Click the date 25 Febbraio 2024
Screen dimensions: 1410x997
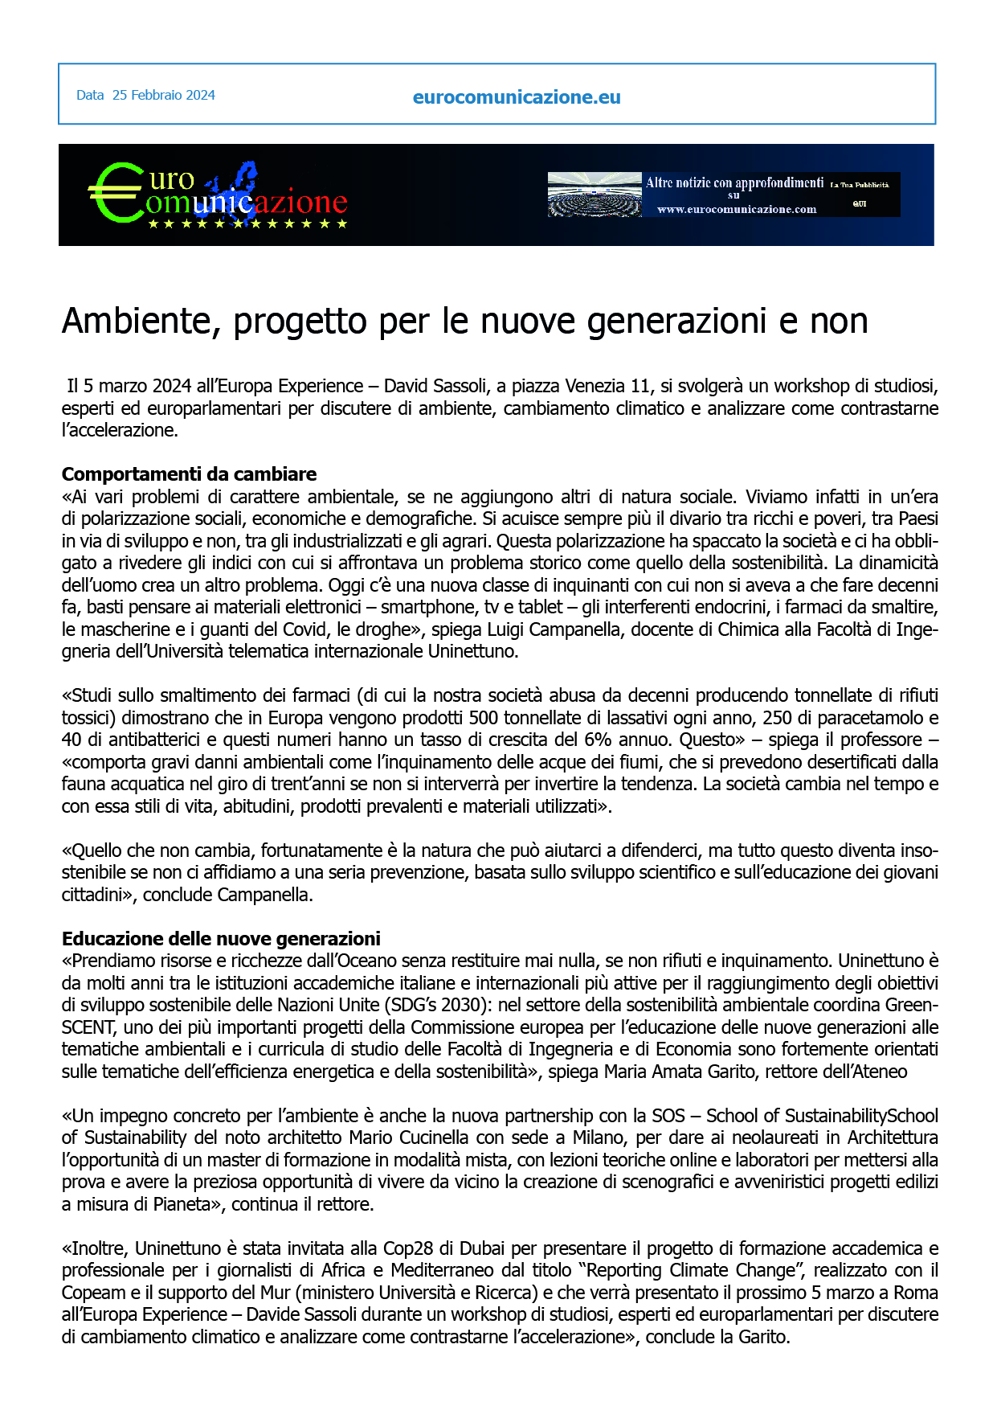point(163,95)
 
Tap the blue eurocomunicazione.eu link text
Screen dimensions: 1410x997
point(517,97)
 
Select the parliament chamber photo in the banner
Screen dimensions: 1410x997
point(595,195)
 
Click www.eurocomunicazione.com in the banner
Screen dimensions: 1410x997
point(737,210)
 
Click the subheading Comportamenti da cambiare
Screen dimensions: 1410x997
point(189,473)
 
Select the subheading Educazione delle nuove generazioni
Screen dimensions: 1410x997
point(221,938)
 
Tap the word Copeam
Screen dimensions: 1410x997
point(91,1293)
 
